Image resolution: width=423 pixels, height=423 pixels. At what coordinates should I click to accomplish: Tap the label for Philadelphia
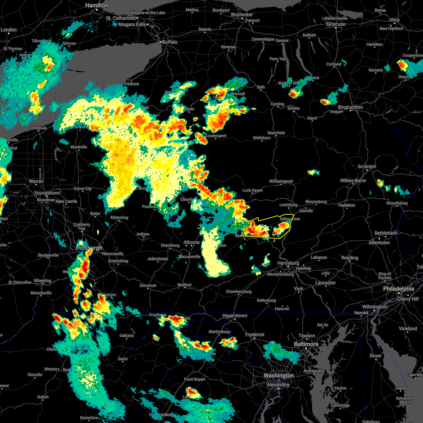398,289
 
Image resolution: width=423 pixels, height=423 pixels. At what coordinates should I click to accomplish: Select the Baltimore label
306,344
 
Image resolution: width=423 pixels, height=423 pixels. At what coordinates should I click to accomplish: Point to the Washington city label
278,376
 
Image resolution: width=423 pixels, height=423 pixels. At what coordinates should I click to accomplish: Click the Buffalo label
170,42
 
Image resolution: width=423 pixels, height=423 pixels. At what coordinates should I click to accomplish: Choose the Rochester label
242,15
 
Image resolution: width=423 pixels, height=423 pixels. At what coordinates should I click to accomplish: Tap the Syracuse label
336,24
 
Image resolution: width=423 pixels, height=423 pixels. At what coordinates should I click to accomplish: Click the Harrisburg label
288,263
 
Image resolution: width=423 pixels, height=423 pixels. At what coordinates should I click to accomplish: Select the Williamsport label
281,182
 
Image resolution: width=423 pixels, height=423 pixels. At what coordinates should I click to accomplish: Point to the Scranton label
367,166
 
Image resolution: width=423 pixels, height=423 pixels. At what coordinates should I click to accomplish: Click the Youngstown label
47,193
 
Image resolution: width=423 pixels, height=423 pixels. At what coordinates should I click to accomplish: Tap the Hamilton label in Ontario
97,6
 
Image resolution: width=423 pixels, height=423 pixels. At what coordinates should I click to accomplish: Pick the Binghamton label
350,108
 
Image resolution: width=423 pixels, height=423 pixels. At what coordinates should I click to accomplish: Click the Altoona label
192,243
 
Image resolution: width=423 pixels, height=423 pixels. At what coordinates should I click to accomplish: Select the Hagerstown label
234,316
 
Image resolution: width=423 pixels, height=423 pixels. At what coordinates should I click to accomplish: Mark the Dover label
376,356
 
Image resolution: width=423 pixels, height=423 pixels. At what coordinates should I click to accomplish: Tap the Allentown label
379,243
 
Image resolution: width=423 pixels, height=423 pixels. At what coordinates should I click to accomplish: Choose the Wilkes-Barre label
353,181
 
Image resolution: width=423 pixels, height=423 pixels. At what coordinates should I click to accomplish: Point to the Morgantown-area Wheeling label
42,281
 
